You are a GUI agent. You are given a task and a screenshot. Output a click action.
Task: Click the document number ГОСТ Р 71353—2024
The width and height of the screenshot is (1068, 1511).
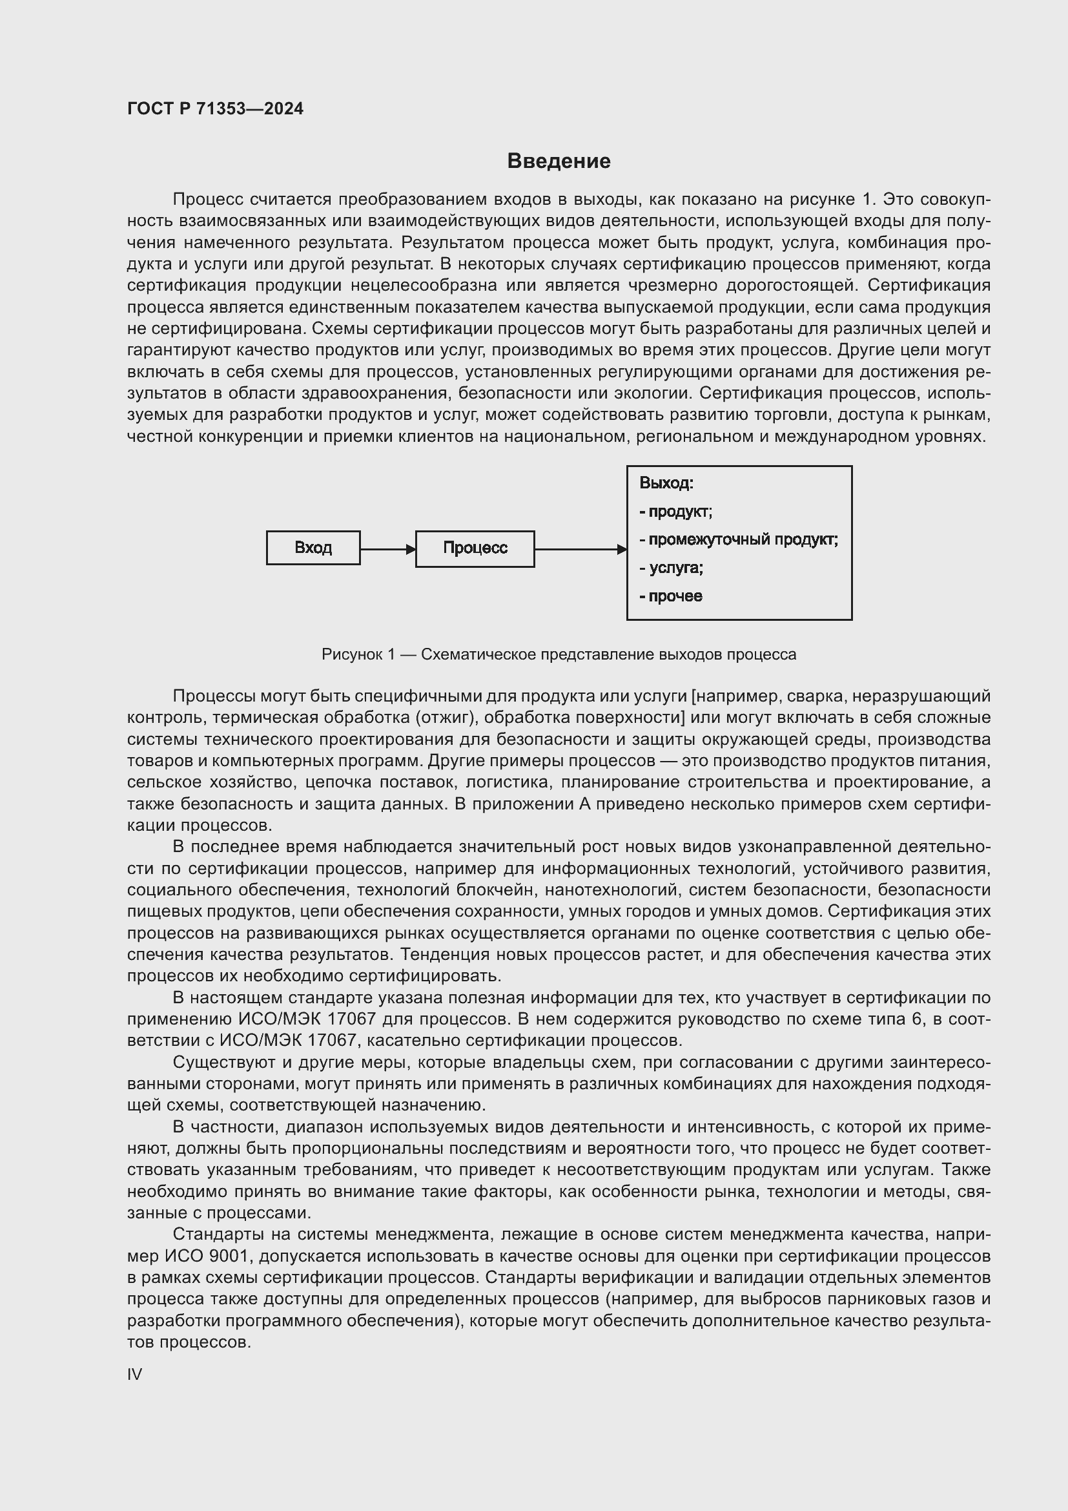(x=215, y=109)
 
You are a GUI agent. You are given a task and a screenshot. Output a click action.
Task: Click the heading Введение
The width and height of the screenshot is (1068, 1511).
(x=559, y=162)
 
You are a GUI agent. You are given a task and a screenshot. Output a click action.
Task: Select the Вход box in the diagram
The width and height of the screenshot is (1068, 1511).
(x=313, y=548)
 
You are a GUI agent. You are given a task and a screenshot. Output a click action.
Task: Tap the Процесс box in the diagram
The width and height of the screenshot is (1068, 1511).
(x=475, y=548)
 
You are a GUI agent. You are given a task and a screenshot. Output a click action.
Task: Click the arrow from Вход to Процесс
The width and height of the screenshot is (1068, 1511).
(x=387, y=549)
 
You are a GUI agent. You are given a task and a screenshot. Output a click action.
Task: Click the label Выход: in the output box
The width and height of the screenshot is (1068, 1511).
(x=666, y=483)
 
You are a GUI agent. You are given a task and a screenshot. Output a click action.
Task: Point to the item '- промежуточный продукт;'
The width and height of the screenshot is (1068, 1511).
(x=739, y=539)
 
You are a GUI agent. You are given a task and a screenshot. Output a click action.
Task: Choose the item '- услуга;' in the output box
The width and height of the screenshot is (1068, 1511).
(x=671, y=568)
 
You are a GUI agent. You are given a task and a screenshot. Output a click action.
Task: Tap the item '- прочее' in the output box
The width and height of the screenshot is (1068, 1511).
(x=671, y=596)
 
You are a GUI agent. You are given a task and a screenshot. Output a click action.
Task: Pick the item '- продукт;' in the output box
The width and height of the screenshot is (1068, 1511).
(x=675, y=512)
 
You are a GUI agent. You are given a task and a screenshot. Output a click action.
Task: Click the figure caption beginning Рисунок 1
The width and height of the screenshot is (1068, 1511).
(x=559, y=654)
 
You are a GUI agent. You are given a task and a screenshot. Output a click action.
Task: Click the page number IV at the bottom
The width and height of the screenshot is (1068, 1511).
(x=134, y=1374)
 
